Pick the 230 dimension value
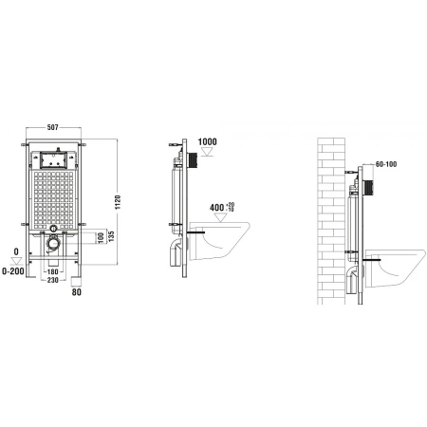point(57,282)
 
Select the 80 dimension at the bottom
point(77,291)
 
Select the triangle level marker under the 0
point(15,262)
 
